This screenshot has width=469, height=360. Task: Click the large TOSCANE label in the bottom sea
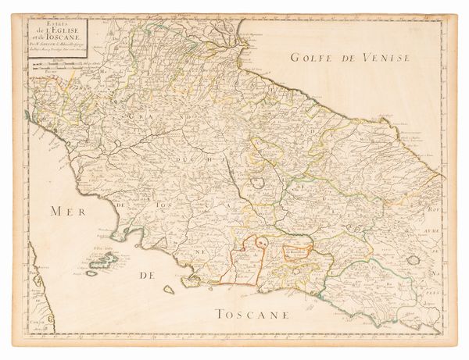click(x=254, y=314)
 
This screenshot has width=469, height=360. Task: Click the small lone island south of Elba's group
click(x=168, y=290)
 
